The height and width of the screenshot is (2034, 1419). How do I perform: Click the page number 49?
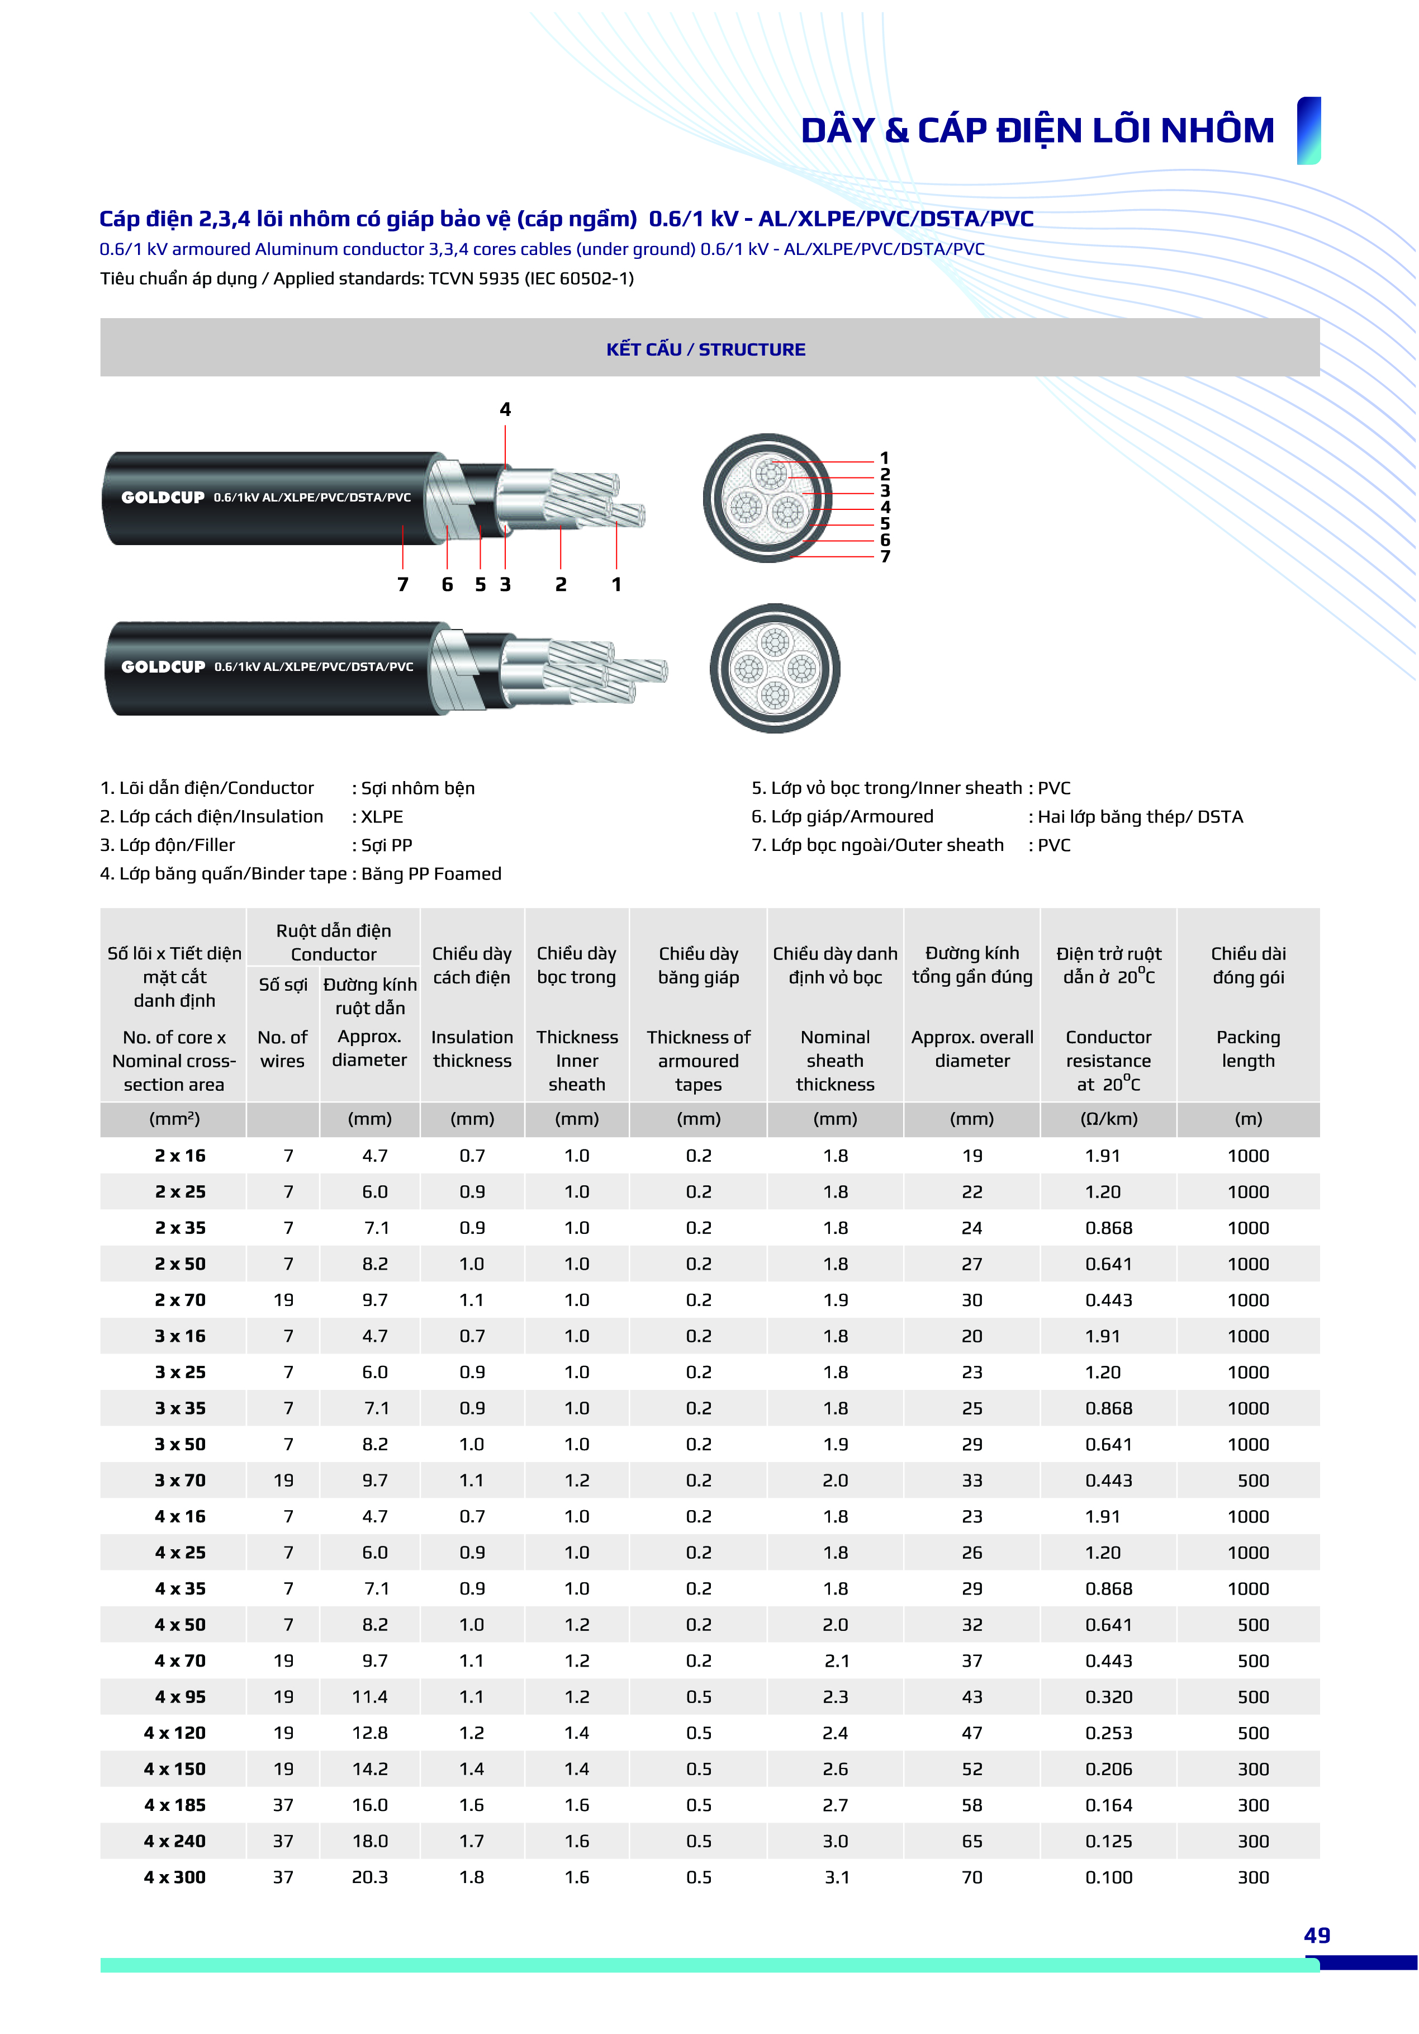tap(1316, 1936)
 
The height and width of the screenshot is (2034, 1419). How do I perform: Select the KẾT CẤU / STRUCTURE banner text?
tap(706, 349)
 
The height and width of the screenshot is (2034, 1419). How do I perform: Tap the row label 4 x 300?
tap(174, 1877)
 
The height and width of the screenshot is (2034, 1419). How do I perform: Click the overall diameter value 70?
tap(972, 1877)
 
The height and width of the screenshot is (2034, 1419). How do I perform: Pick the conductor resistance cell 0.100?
tap(1108, 1877)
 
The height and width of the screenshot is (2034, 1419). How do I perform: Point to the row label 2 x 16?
tap(180, 1155)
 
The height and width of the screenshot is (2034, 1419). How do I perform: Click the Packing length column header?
tap(1248, 1049)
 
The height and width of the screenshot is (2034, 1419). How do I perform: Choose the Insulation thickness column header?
tap(472, 1049)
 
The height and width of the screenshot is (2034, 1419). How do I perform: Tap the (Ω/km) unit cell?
tap(1108, 1119)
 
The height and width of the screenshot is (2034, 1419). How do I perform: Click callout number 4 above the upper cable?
tap(505, 409)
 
